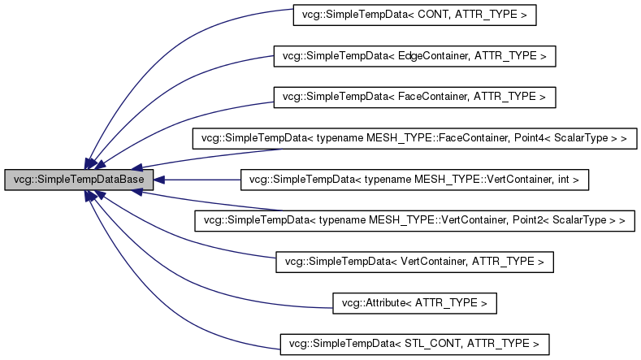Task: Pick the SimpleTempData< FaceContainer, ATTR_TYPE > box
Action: [x=414, y=97]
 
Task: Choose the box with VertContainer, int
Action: [x=414, y=180]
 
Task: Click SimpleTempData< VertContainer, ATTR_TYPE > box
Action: [x=414, y=262]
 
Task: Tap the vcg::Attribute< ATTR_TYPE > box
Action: [x=414, y=303]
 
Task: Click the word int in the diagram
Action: [x=565, y=180]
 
